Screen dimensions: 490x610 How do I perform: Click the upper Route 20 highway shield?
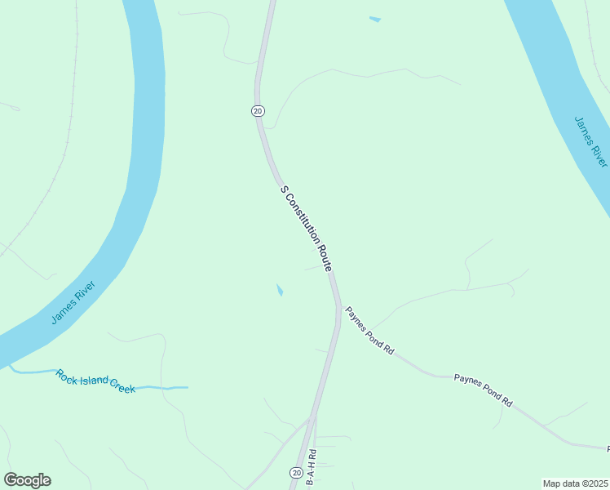[x=258, y=111]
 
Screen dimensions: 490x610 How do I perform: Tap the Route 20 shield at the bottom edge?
[x=295, y=473]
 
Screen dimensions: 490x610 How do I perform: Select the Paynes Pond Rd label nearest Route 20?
[x=369, y=330]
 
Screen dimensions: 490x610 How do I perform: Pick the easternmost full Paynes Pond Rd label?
[x=483, y=390]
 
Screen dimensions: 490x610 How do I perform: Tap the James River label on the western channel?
[x=73, y=302]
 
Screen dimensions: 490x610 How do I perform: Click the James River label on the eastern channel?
[x=591, y=141]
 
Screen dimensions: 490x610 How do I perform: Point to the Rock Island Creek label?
[x=95, y=381]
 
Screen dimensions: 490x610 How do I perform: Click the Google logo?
[x=27, y=480]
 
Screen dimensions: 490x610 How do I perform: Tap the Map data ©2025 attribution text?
[x=575, y=483]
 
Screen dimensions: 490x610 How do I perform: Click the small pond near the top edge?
[x=374, y=19]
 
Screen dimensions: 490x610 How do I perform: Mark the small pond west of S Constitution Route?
[x=280, y=290]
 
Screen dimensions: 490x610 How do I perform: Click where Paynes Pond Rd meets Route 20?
[x=338, y=305]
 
